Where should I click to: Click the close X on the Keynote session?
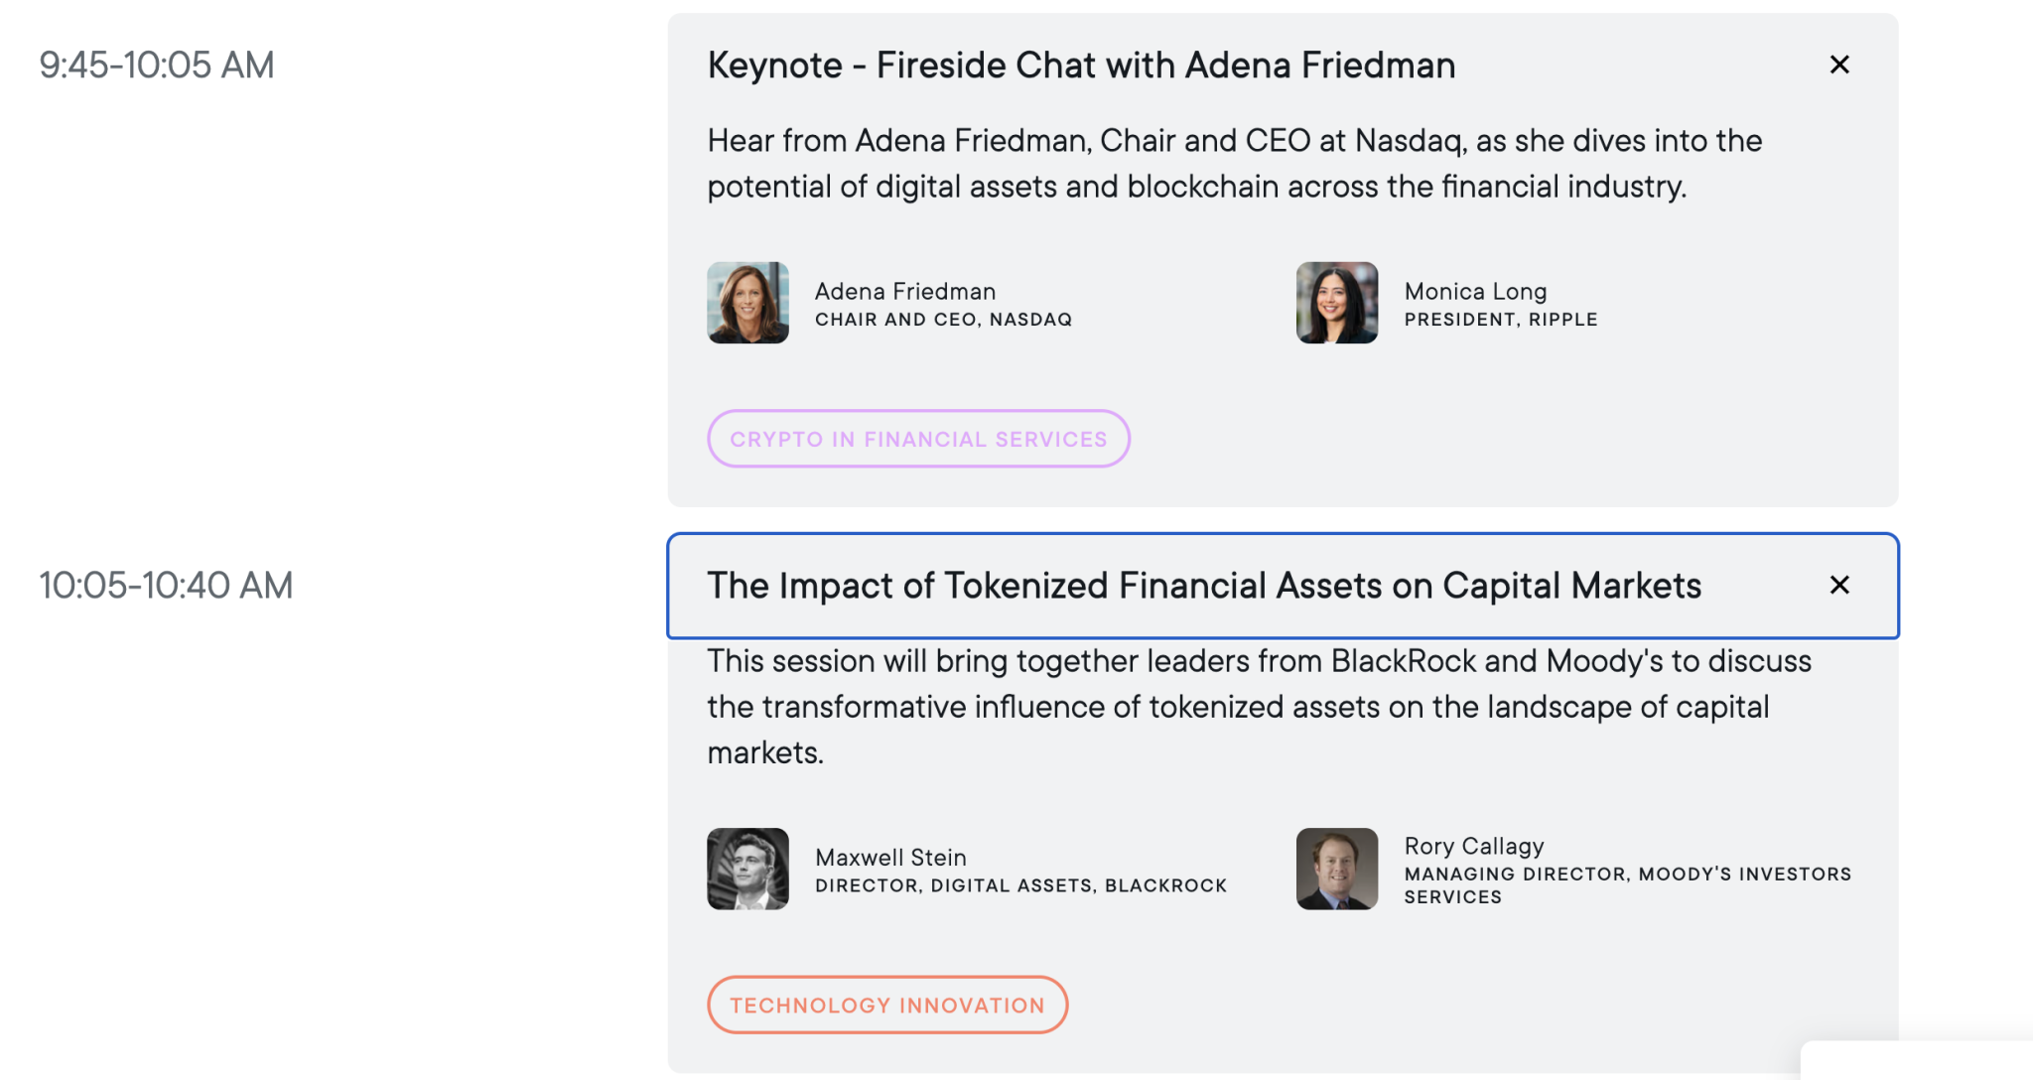(x=1838, y=65)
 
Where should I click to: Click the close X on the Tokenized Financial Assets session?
(x=1838, y=586)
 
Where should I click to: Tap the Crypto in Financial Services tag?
(x=918, y=439)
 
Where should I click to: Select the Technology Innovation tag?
(x=887, y=1005)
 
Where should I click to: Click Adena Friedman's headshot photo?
(x=747, y=303)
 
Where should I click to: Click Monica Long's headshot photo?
(x=1336, y=303)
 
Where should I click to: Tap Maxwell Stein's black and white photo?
(x=747, y=869)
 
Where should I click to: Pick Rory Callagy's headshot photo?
(x=1336, y=869)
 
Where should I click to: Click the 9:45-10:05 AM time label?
(x=157, y=66)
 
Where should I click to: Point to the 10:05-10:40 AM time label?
(x=166, y=586)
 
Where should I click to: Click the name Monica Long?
(x=1475, y=291)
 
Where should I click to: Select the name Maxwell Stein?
(x=890, y=857)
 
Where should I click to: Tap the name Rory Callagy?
(x=1474, y=846)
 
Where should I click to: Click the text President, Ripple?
(x=1500, y=320)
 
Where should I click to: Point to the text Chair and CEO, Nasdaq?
(x=943, y=320)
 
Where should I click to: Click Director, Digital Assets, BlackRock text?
(x=1020, y=885)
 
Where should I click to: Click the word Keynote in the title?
(x=774, y=66)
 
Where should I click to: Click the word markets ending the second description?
(x=763, y=752)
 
